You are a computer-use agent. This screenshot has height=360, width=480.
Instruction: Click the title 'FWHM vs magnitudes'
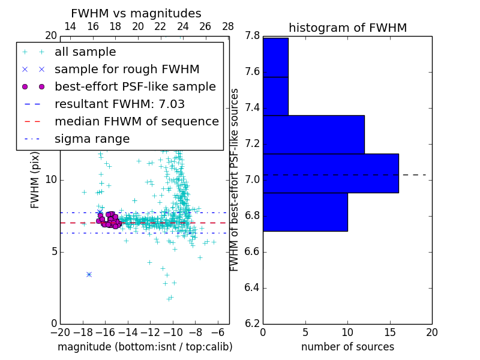tap(136, 13)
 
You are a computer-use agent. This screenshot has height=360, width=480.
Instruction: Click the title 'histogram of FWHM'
tap(347, 28)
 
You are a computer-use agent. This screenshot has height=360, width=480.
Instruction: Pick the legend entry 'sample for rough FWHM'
tap(127, 70)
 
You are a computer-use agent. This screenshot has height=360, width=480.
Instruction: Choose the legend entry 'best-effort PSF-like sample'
tap(135, 87)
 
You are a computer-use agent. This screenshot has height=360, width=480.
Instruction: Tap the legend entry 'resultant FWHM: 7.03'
tap(119, 104)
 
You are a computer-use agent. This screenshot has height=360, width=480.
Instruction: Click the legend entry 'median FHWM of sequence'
tap(136, 122)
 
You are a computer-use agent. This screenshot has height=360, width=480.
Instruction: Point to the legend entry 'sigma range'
tap(92, 139)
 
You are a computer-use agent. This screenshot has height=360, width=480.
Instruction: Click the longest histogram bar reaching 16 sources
tap(331, 173)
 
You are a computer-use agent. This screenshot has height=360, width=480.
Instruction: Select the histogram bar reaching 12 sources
tap(313, 134)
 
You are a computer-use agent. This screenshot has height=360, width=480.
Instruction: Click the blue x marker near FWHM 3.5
tap(89, 274)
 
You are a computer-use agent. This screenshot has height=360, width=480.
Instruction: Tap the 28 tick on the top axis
tap(228, 26)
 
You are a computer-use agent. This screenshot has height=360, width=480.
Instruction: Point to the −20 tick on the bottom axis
tap(60, 332)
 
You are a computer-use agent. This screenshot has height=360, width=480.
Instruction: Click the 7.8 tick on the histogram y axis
tap(253, 36)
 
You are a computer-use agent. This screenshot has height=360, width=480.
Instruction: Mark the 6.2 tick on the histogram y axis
tap(253, 323)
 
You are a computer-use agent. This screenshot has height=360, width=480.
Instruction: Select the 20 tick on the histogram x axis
tap(431, 332)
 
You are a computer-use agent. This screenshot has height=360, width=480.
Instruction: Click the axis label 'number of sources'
tap(347, 347)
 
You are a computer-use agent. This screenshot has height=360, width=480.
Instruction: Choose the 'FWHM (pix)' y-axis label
tap(35, 180)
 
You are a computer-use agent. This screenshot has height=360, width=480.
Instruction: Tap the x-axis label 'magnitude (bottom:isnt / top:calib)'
tap(145, 347)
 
